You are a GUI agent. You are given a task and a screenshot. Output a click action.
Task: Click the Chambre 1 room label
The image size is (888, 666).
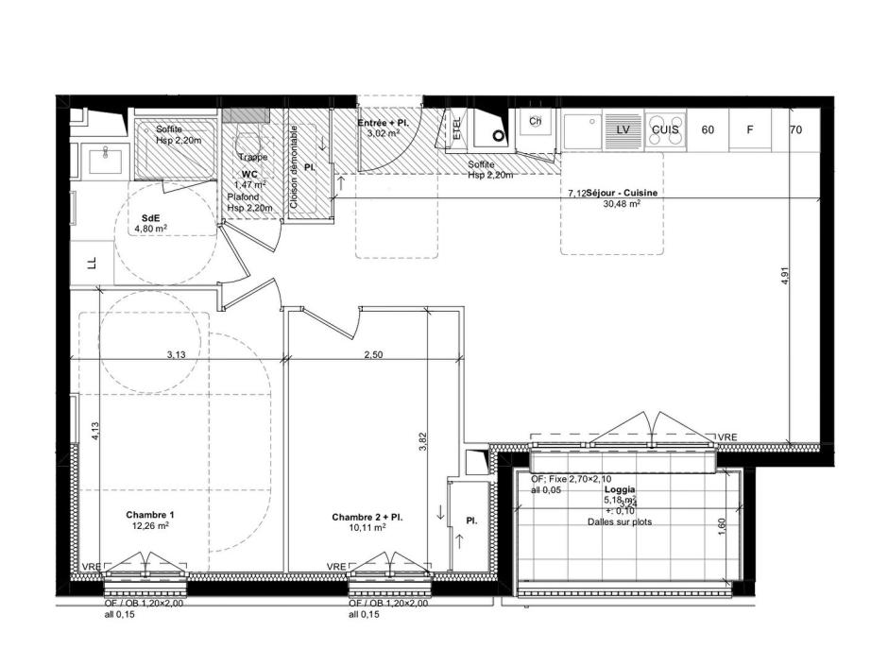pos(149,515)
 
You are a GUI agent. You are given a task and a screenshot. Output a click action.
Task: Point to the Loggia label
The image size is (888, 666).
pos(620,490)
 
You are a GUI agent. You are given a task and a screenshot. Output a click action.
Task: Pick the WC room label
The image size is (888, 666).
pos(249,175)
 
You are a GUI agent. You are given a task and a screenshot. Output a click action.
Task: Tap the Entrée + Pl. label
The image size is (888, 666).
pos(383,124)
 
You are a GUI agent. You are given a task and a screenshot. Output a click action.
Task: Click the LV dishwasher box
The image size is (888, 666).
pos(623,129)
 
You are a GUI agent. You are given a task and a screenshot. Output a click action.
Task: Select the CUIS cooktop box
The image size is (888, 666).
pos(666,129)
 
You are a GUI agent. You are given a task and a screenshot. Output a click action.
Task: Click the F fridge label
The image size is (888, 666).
pos(750,129)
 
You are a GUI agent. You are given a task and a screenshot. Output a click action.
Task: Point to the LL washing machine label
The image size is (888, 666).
pos(92,264)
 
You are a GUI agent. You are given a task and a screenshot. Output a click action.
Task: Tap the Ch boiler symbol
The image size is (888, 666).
pos(536,121)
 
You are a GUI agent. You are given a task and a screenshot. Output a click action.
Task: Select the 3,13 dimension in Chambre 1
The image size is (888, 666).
pos(176,355)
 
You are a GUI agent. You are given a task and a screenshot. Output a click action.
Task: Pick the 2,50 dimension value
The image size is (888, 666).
pos(374,355)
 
